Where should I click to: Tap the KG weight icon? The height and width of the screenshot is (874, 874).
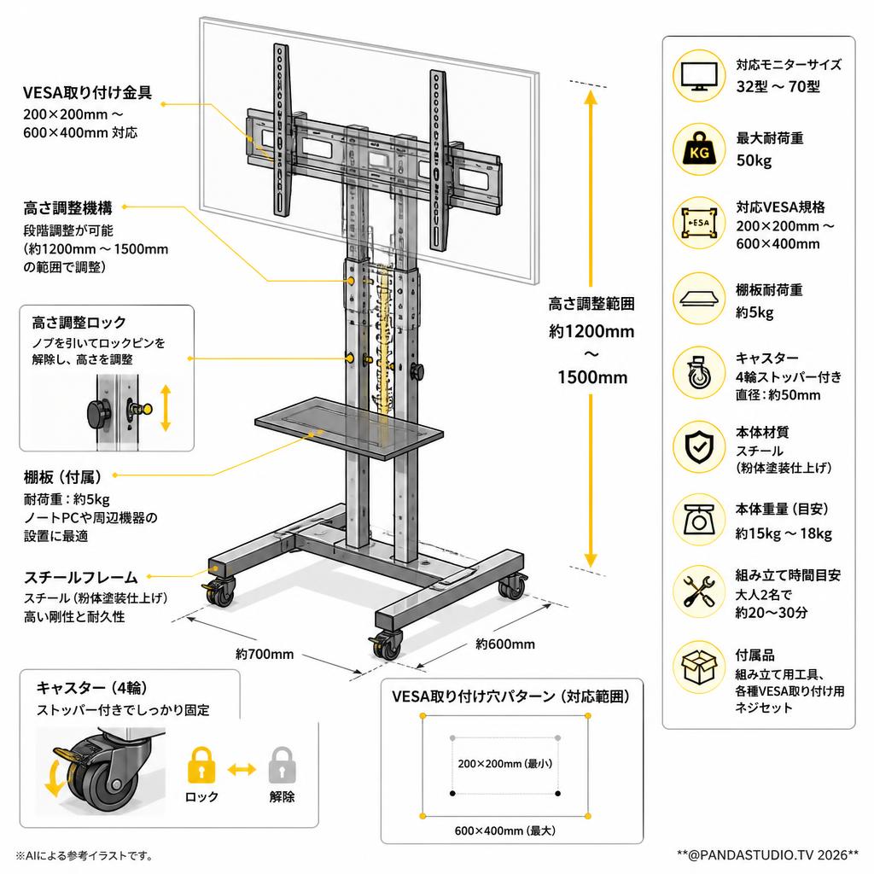coord(699,149)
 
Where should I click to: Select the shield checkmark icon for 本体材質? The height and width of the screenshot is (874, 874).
coord(699,446)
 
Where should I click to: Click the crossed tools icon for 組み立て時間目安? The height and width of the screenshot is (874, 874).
coord(699,591)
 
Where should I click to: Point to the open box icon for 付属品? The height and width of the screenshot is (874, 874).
coord(699,667)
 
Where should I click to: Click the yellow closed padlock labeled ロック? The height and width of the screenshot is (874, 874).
coord(201,765)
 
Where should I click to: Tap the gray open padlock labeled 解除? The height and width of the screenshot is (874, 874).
coord(282,765)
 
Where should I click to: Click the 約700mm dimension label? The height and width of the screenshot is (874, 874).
coord(265,654)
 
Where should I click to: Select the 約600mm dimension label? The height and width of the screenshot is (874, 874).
coord(505,644)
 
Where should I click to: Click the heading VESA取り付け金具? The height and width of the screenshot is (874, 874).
coord(88,92)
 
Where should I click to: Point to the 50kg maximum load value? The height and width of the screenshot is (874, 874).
coord(754,160)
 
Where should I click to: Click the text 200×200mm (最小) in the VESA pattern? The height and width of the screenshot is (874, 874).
coord(505,763)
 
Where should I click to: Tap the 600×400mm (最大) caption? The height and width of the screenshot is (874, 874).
coord(505,830)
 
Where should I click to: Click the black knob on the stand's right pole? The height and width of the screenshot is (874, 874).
coord(417,371)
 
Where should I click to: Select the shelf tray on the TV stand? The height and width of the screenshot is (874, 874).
coord(349,428)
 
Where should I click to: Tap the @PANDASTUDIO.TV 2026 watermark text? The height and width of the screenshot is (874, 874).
coord(768,854)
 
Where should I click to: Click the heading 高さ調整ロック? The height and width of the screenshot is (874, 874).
coord(79,322)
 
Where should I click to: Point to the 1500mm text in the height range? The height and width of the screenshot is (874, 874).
coord(592,377)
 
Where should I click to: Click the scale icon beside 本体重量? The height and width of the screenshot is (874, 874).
coord(699,520)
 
